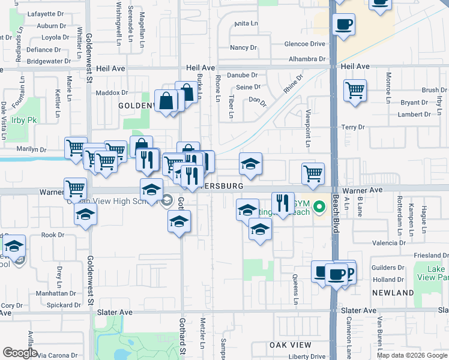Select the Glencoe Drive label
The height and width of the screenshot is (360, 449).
coord(305,44)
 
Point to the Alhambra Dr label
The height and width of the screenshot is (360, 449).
coord(306,59)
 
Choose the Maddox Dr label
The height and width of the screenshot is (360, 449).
coord(112,92)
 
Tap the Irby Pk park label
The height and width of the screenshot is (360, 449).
coord(24,121)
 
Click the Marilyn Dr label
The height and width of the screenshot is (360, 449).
coord(31,149)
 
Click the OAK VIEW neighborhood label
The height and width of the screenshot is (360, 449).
coord(291,345)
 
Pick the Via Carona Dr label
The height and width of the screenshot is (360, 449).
coord(58,355)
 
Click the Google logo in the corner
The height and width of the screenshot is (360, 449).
coord(20,353)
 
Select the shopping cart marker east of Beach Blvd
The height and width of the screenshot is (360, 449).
coord(355,91)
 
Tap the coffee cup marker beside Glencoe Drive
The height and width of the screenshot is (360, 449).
coord(343,25)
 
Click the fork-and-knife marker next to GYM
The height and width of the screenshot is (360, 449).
coord(282,203)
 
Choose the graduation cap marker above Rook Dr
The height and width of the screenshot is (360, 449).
coord(86,214)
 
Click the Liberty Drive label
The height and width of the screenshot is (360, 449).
coord(306,356)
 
